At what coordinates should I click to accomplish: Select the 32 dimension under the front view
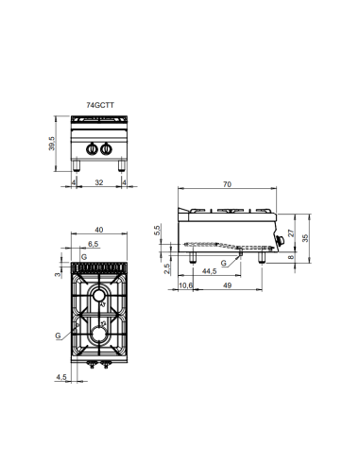pyautogui.click(x=98, y=183)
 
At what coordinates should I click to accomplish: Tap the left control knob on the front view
pyautogui.click(x=92, y=148)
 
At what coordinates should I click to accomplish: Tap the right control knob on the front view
pyautogui.click(x=106, y=148)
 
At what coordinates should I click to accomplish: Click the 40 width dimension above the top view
pyautogui.click(x=98, y=229)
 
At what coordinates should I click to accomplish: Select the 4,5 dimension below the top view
pyautogui.click(x=62, y=378)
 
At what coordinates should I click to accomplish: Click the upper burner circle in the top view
pyautogui.click(x=99, y=300)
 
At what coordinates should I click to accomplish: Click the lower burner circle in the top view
pyautogui.click(x=98, y=335)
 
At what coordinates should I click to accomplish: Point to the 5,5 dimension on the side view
pyautogui.click(x=158, y=230)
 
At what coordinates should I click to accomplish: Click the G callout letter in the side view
pyautogui.click(x=222, y=262)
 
